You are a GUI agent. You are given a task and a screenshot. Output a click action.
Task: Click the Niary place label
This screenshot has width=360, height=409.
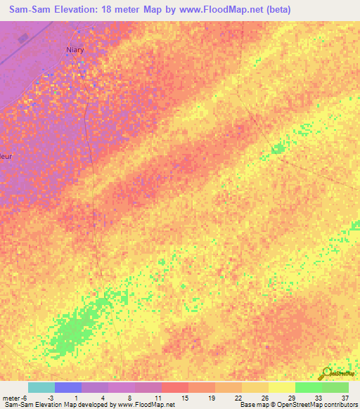(x=75, y=50)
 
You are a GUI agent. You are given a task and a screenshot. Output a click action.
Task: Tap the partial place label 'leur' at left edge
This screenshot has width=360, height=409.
(x=7, y=157)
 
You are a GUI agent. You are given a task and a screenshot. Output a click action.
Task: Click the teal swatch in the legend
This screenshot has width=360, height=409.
(x=41, y=387)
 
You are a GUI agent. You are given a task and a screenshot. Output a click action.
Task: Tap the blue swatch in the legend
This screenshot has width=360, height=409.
(x=67, y=387)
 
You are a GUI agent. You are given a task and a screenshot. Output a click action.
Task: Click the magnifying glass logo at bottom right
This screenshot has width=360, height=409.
(x=326, y=374)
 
